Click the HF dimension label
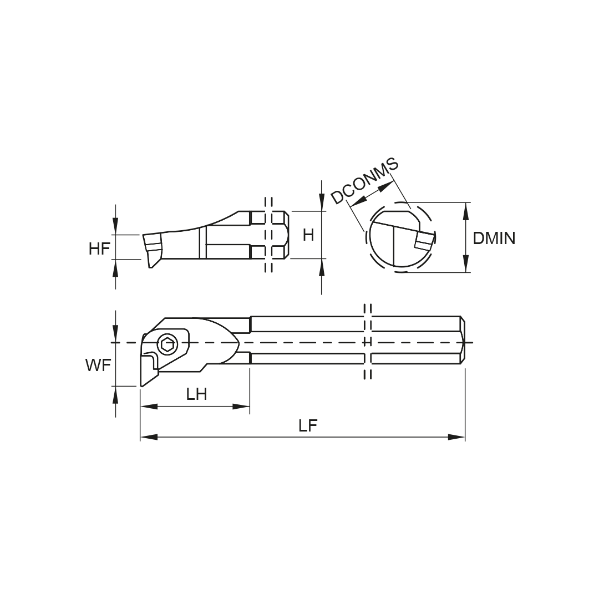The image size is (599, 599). (x=99, y=249)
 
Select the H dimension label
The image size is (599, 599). (x=308, y=235)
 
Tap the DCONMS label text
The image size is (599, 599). (x=365, y=181)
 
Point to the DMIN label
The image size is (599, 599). (x=494, y=238)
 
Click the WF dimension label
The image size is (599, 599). (x=98, y=366)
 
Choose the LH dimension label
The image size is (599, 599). (x=197, y=394)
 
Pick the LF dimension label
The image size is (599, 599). (x=308, y=426)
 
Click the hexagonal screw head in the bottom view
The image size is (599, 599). (x=167, y=345)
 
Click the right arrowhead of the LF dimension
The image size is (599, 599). (x=456, y=437)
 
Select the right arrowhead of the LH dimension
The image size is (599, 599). (x=241, y=407)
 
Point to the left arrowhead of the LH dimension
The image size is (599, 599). (x=149, y=407)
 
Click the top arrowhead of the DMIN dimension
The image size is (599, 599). (x=466, y=211)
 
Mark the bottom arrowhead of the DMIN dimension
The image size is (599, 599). (x=466, y=264)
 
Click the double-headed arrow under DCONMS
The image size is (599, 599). (x=371, y=194)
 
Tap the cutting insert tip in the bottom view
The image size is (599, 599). (x=142, y=386)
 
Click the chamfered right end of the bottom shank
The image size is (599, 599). (x=463, y=341)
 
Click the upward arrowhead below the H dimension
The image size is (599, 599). (x=321, y=267)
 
